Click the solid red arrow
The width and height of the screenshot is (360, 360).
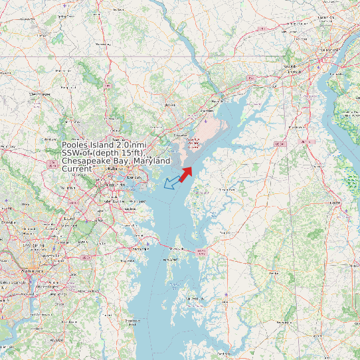[x=185, y=173]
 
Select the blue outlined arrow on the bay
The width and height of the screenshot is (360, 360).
[x=172, y=181]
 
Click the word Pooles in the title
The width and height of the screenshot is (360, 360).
[x=75, y=145]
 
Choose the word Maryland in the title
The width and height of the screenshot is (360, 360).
[x=153, y=161]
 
